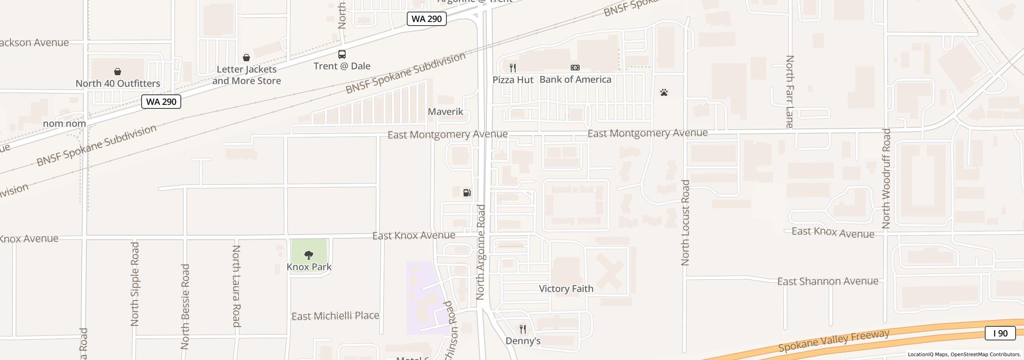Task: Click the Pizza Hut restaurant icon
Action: click(513, 68)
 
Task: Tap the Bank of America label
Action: click(575, 80)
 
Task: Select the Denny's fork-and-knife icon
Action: click(523, 329)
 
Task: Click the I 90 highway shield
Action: click(1000, 333)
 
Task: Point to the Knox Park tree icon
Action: click(309, 255)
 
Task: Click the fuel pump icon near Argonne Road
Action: click(467, 193)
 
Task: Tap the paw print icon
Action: click(664, 93)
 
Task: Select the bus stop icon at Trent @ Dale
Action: click(342, 54)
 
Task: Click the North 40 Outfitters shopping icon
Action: click(118, 72)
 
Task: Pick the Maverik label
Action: click(446, 112)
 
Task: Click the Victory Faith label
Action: click(566, 289)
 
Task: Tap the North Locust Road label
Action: click(686, 223)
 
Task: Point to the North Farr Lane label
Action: click(790, 92)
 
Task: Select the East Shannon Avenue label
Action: click(828, 282)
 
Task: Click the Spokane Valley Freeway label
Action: click(834, 340)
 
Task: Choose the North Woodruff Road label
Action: click(886, 178)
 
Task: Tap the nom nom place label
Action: click(64, 124)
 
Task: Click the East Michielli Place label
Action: click(335, 316)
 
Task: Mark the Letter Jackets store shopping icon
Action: click(246, 58)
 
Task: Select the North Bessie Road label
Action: click(185, 306)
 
